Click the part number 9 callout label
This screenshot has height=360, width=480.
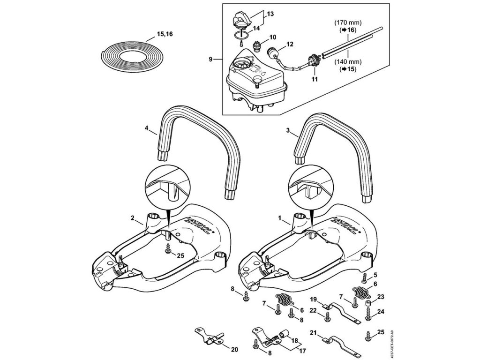tap(211, 59)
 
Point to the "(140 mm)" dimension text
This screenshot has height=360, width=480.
tap(347, 61)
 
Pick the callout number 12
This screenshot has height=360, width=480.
tap(290, 44)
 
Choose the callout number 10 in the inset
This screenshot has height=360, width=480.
tap(273, 37)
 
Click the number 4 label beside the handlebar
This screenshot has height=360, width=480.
tap(147, 127)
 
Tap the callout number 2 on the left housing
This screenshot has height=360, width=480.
tap(133, 217)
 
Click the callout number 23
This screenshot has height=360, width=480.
tap(380, 296)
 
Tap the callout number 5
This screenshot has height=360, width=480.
tap(375, 275)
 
